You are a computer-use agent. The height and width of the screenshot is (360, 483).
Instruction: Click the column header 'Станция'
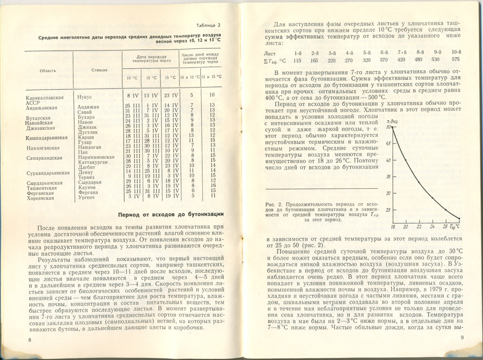[x=99, y=70]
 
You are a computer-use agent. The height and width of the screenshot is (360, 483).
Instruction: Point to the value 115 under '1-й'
[x=298, y=60]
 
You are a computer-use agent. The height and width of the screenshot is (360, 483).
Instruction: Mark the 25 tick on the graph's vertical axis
[x=388, y=210]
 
